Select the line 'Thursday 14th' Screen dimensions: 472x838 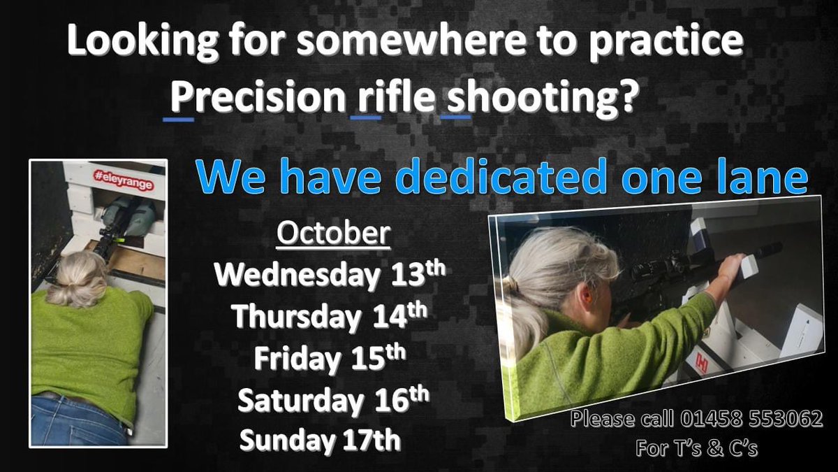(329, 317)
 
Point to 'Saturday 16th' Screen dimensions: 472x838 (331, 400)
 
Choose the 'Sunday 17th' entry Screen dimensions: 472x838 (321, 441)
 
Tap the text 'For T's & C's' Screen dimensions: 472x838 (696, 448)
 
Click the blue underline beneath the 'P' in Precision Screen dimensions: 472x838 (178, 119)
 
